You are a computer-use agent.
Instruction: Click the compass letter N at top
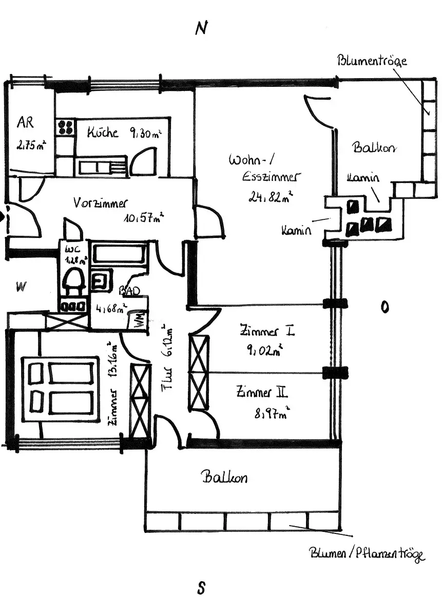201,29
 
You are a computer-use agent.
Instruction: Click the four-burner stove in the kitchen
66,127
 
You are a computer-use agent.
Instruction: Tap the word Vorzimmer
100,202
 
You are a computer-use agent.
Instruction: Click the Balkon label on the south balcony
224,477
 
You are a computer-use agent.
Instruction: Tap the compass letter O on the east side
384,307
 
